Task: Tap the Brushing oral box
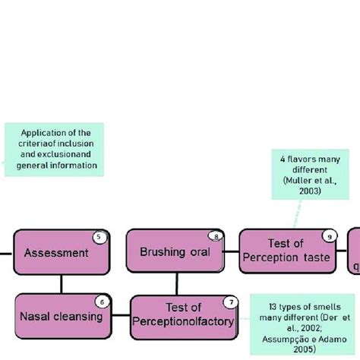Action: click(175, 251)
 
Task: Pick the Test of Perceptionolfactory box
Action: click(182, 315)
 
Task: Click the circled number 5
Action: click(99, 237)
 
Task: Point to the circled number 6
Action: click(103, 302)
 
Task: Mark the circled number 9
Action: click(328, 236)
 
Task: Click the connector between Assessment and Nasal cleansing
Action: click(62, 284)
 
